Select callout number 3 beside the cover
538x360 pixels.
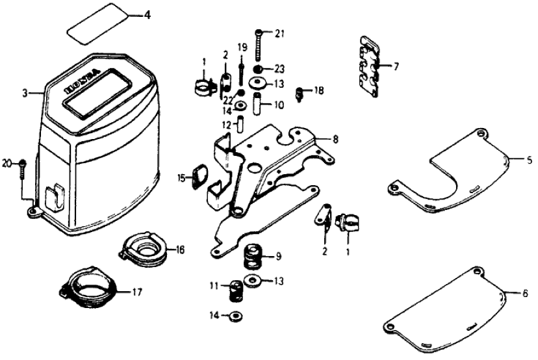(25, 94)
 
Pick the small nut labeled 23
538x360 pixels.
(259, 68)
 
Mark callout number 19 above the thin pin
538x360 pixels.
(242, 47)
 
